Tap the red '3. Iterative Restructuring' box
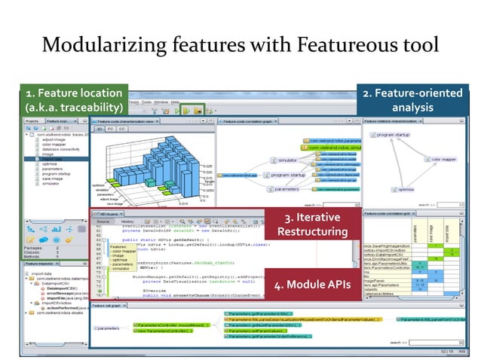[x=311, y=224]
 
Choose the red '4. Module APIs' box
[x=311, y=285]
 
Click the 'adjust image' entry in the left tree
[x=55, y=140]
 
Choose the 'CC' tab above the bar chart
[x=121, y=129]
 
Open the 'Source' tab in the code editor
[x=103, y=221]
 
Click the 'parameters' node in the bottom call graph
[x=109, y=328]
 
